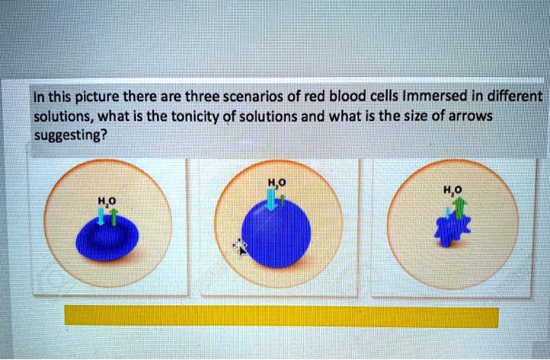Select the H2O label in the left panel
(x=106, y=201)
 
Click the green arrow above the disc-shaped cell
(x=113, y=217)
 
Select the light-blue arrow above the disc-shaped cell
(x=104, y=216)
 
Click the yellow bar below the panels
(x=280, y=316)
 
